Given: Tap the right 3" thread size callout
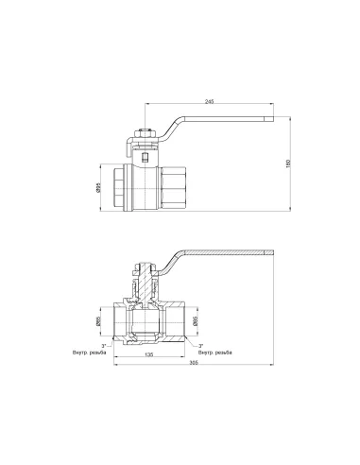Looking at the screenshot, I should pyautogui.click(x=197, y=346).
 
